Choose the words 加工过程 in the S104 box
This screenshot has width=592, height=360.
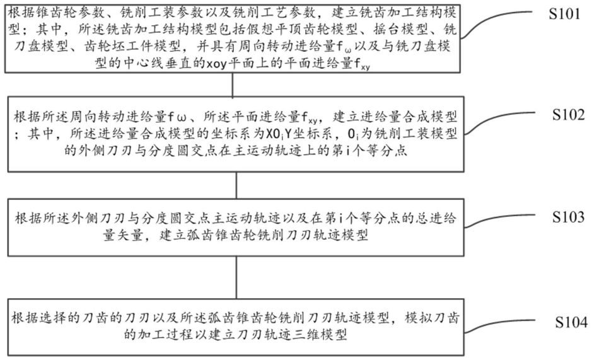[x=163, y=334]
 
